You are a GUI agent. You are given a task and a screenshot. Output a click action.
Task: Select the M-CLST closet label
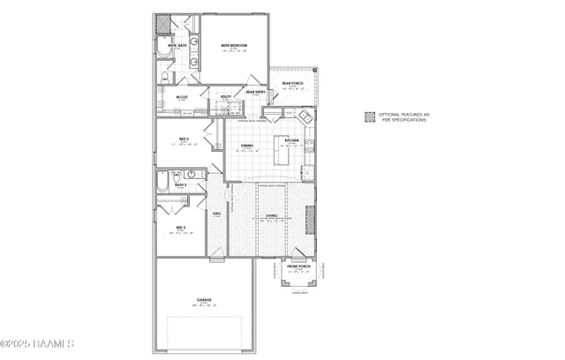pyautogui.click(x=181, y=98)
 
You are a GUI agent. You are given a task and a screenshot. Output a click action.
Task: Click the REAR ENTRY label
pyautogui.click(x=255, y=92)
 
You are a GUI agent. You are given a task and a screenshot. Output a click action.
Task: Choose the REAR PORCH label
pyautogui.click(x=293, y=85)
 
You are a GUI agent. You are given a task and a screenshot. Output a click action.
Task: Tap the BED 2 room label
pyautogui.click(x=182, y=139)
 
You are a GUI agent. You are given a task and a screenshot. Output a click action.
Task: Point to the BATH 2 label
pyautogui.click(x=179, y=184)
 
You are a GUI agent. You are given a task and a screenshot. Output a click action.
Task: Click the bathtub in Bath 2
pyautogui.click(x=162, y=183)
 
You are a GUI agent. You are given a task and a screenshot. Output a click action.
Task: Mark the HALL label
pyautogui.click(x=217, y=214)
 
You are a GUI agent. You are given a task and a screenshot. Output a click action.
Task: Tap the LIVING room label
pyautogui.click(x=272, y=214)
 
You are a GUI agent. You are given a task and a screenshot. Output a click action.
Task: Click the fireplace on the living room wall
pyautogui.click(x=310, y=218)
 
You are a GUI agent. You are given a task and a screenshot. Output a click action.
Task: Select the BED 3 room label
pyautogui.click(x=180, y=228)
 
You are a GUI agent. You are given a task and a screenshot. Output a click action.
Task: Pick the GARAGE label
pyautogui.click(x=204, y=300)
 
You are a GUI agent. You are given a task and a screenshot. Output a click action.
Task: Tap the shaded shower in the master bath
pyautogui.click(x=163, y=23)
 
